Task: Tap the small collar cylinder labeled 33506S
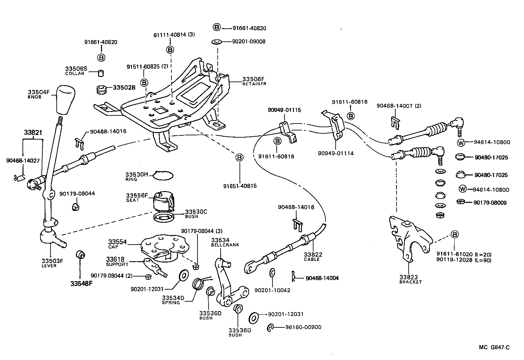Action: click(x=101, y=73)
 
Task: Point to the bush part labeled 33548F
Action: click(x=80, y=255)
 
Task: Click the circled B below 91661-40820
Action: click(x=101, y=58)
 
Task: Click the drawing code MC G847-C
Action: click(x=494, y=347)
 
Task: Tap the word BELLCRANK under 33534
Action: click(x=225, y=245)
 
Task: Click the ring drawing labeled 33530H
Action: click(x=163, y=175)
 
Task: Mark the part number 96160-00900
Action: click(x=303, y=327)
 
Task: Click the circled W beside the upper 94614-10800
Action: click(x=461, y=142)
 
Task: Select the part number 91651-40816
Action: click(x=240, y=186)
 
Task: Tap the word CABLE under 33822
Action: click(x=312, y=259)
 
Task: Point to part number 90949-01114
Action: click(x=336, y=153)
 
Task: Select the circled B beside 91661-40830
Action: click(x=217, y=27)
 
